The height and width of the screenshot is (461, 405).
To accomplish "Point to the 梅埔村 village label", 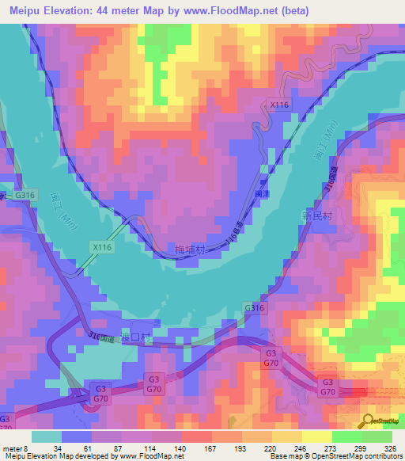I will click(x=190, y=250).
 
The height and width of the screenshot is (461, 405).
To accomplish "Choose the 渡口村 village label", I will click(x=134, y=337).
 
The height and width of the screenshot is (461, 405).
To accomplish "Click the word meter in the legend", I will click(x=11, y=448).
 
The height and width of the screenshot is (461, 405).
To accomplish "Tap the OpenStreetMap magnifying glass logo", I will click(x=367, y=421).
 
